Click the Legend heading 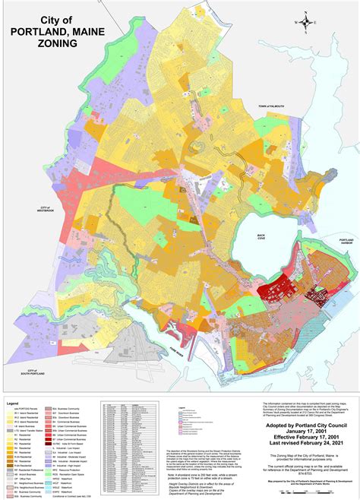point(13,403)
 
